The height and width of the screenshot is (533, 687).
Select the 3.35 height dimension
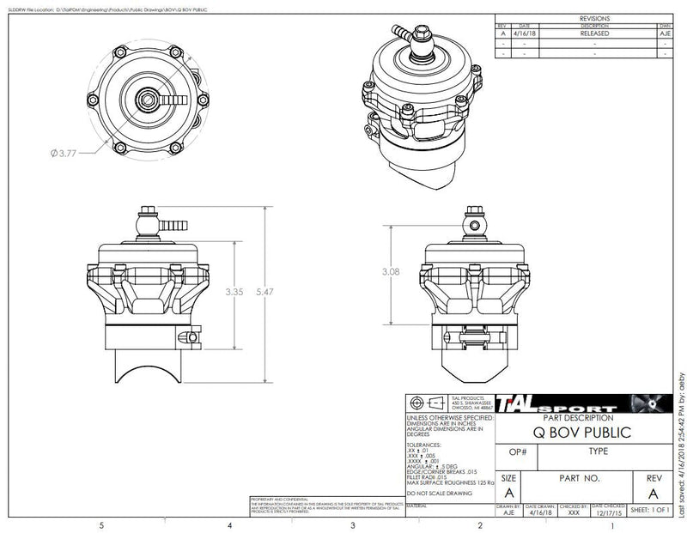[234, 292]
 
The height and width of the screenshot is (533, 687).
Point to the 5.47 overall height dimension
[266, 292]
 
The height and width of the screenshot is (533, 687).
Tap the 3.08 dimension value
[392, 271]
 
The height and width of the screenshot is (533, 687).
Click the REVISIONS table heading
[593, 17]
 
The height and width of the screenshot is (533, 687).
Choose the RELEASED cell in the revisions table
[593, 33]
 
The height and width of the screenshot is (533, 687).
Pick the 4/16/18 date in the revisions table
[525, 33]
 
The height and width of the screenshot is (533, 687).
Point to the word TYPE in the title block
[599, 451]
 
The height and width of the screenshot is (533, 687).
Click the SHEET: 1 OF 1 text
[650, 509]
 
